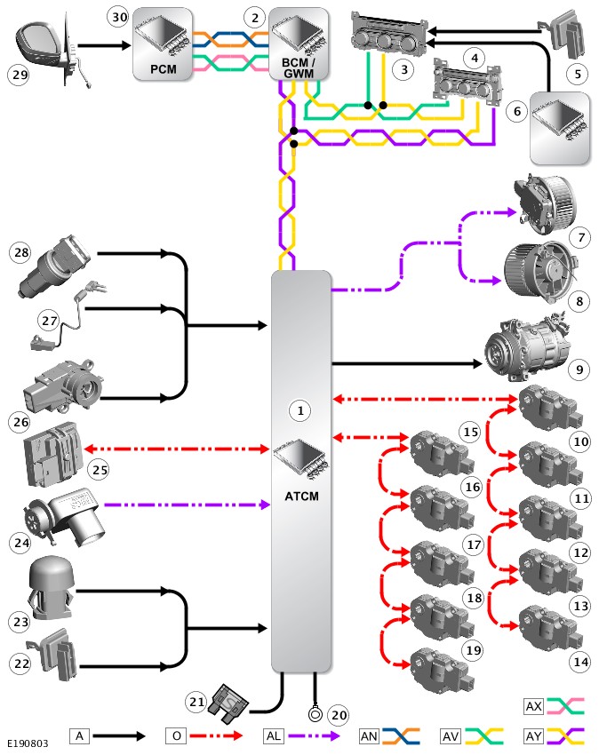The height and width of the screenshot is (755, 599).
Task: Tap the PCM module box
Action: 162,45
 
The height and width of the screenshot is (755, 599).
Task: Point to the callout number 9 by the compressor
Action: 579,367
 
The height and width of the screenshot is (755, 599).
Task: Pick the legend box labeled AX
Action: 533,707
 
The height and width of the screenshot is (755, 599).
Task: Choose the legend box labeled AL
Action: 275,735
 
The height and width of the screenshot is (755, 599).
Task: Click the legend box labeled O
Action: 175,735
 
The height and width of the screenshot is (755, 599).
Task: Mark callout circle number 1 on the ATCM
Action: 300,410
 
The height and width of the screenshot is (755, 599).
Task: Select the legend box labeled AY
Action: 533,735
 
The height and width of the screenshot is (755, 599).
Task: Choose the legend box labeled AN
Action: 368,735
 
